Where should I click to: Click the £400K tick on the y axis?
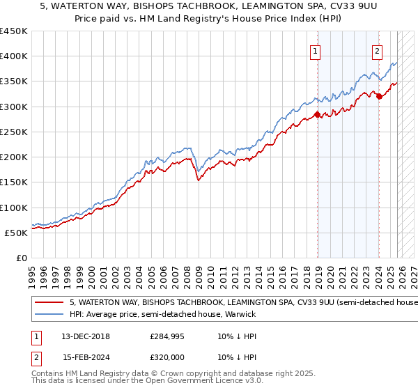click(14, 56)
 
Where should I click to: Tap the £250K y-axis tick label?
click(14, 132)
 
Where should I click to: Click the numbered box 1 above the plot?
click(316, 50)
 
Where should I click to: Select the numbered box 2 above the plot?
click(377, 50)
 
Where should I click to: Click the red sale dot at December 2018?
click(318, 114)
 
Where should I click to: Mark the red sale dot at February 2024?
click(379, 97)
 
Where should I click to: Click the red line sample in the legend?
click(48, 303)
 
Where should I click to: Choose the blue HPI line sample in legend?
click(48, 315)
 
